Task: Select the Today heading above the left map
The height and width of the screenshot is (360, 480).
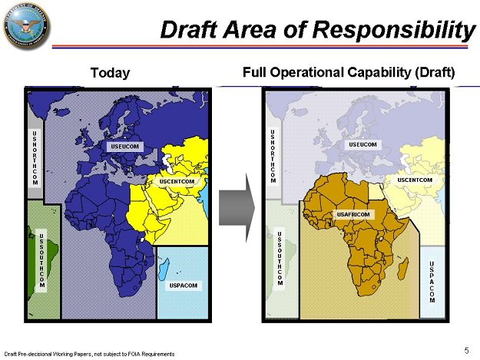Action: tap(111, 73)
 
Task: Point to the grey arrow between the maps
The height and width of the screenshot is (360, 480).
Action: tap(236, 203)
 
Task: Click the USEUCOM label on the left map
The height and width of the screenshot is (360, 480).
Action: tap(124, 145)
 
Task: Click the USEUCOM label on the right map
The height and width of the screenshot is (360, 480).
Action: tap(362, 144)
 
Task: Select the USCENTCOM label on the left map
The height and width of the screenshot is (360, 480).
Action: tap(177, 181)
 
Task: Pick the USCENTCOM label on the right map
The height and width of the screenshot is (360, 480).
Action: tap(415, 180)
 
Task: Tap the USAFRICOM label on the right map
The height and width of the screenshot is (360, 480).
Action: tap(353, 214)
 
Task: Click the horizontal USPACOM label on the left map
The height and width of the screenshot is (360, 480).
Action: tap(183, 286)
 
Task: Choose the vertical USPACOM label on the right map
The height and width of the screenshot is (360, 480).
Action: tap(432, 282)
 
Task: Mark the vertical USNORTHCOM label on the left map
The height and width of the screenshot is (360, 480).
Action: tap(35, 158)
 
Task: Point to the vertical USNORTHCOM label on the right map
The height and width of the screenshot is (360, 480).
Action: tap(273, 157)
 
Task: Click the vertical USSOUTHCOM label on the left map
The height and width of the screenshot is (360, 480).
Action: tap(41, 259)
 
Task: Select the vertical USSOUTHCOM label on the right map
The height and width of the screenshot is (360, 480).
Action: tap(280, 258)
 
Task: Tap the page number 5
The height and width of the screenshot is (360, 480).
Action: tap(466, 350)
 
